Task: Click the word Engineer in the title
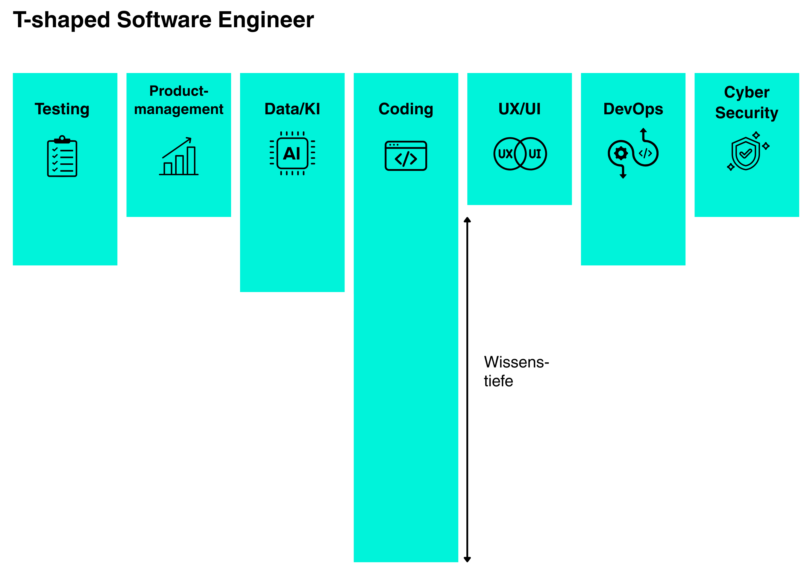pyautogui.click(x=266, y=20)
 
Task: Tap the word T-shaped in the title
pyautogui.click(x=61, y=20)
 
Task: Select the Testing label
pyautogui.click(x=62, y=109)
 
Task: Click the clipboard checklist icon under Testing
pyautogui.click(x=62, y=156)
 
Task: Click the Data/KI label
pyautogui.click(x=292, y=109)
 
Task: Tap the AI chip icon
pyautogui.click(x=292, y=153)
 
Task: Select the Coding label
pyautogui.click(x=406, y=109)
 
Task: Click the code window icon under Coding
pyautogui.click(x=406, y=156)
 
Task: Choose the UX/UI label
pyautogui.click(x=519, y=109)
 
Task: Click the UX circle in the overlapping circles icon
pyautogui.click(x=505, y=154)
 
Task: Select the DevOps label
pyautogui.click(x=633, y=109)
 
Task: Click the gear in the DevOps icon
pyautogui.click(x=621, y=153)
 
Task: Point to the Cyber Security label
pyautogui.click(x=747, y=102)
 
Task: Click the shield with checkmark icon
pyautogui.click(x=745, y=154)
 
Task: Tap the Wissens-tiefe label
pyautogui.click(x=516, y=371)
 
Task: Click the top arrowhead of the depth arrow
pyautogui.click(x=467, y=220)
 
